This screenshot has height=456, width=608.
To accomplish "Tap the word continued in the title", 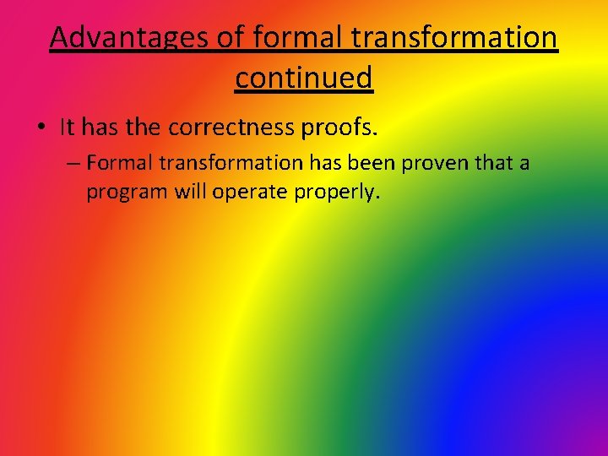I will tap(304, 78).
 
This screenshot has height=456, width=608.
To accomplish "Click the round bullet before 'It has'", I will tap(41, 128).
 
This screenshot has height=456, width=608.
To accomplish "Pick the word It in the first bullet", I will tap(68, 128).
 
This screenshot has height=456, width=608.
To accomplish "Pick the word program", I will tap(127, 193).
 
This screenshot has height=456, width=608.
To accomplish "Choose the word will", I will tap(190, 192).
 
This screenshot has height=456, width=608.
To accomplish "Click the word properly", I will tap(338, 193).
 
